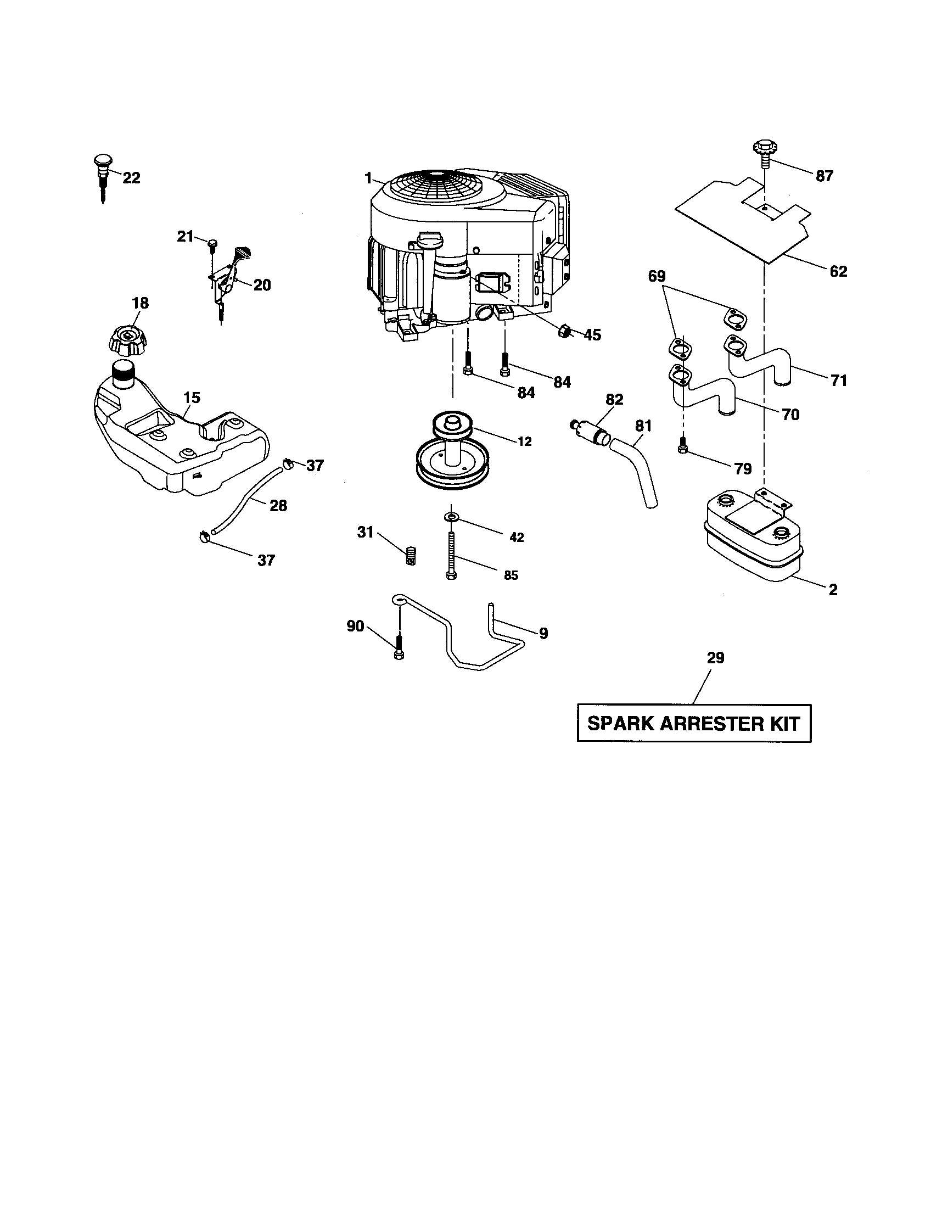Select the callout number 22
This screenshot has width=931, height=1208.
131,177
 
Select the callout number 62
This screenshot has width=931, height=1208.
838,271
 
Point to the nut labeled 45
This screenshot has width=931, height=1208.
564,331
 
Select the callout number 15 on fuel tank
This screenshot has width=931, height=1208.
192,398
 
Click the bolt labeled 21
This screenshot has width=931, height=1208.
212,244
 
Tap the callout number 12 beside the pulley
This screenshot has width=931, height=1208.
524,441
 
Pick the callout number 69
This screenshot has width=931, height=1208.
657,276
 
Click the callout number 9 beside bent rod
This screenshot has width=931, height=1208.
543,633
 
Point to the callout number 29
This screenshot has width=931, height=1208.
715,658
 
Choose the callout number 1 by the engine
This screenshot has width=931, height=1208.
368,178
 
